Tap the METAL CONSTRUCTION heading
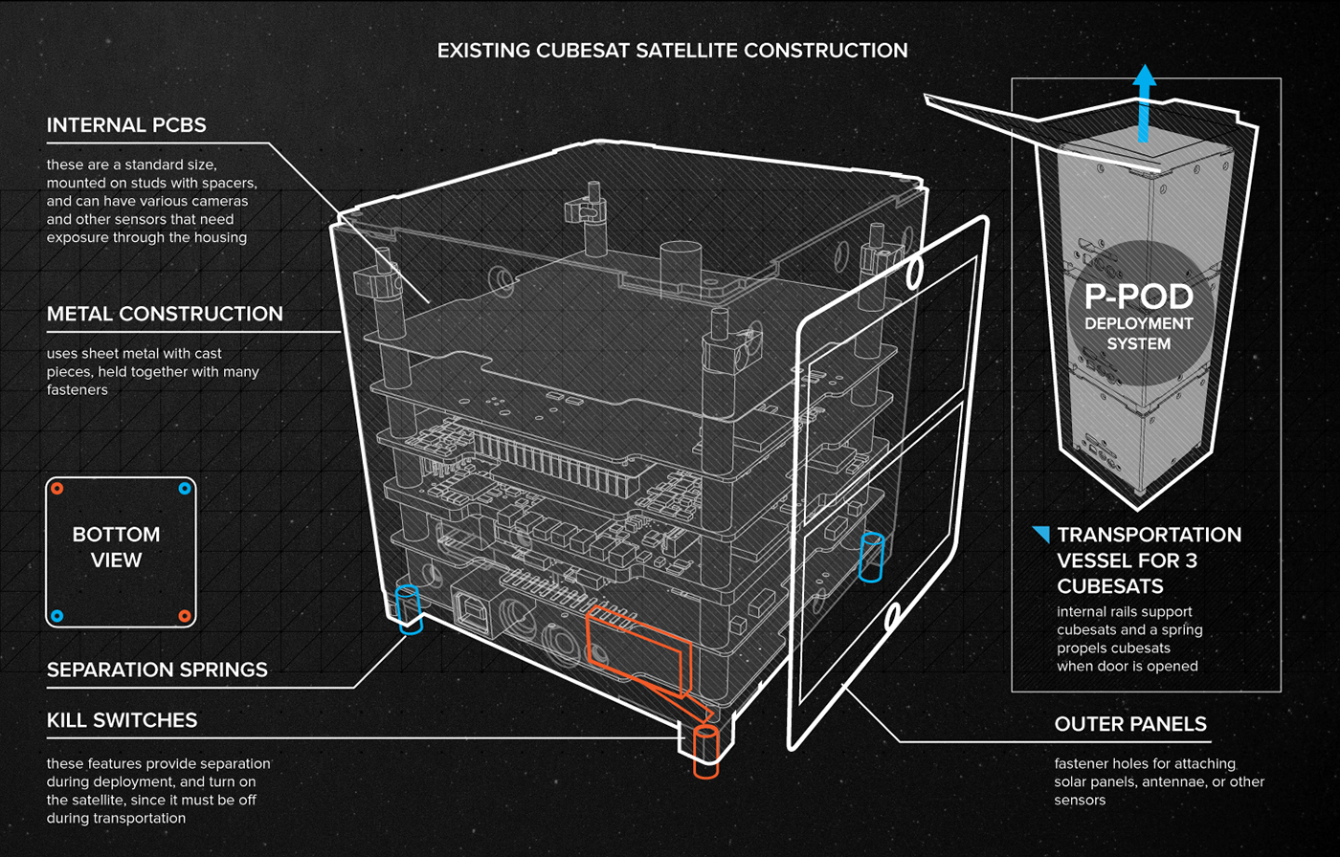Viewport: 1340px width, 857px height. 165,314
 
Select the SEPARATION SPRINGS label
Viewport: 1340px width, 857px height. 157,669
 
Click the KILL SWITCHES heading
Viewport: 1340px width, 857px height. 122,720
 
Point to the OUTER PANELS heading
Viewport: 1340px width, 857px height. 1130,725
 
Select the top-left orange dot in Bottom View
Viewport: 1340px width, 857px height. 57,489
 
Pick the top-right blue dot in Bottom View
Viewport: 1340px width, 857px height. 185,489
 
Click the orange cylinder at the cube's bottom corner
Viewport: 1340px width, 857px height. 706,751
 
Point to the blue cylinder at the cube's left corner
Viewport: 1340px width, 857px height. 409,609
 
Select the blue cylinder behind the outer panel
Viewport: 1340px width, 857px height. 871,557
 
